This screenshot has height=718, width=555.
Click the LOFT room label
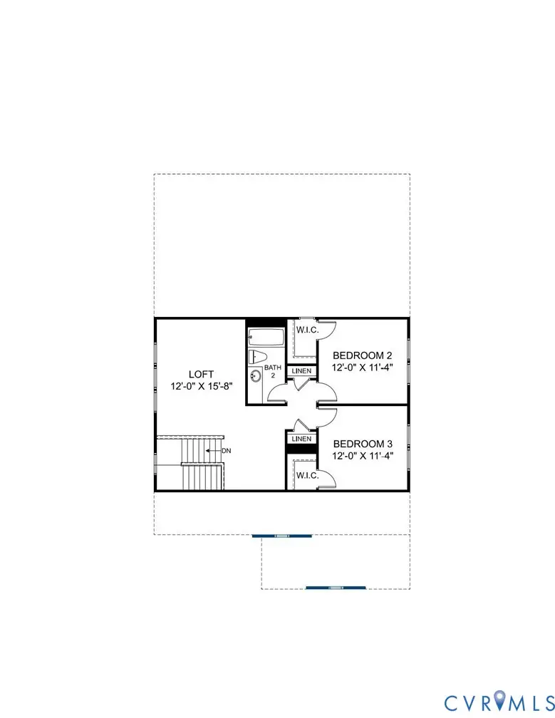point(201,374)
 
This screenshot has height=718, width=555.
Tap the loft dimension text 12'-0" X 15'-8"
point(201,387)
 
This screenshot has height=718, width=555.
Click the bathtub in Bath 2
point(266,337)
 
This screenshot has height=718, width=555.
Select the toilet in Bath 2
point(257,357)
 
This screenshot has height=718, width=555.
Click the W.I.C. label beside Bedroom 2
point(307,329)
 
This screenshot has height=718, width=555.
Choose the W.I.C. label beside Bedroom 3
point(307,474)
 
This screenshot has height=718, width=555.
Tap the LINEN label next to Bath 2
point(301,371)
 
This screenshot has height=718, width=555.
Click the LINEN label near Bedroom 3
point(301,439)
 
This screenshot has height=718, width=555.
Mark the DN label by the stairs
point(226,451)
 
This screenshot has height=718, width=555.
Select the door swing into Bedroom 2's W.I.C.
point(326,330)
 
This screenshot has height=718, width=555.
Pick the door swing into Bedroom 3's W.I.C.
point(326,479)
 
